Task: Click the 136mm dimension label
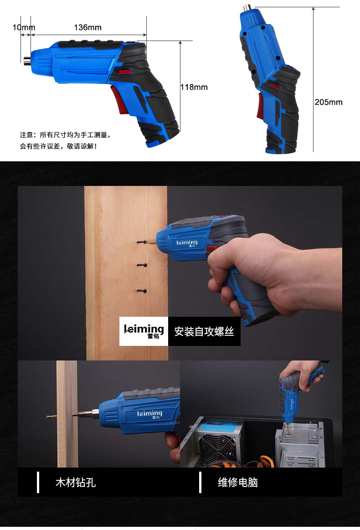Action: [x=87, y=27]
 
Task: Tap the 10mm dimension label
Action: [x=24, y=27]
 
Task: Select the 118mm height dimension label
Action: [x=194, y=87]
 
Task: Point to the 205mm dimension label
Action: [x=329, y=102]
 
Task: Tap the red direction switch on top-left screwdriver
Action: [x=125, y=72]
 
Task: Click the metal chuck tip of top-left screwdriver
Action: [x=27, y=60]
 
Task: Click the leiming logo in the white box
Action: [x=144, y=331]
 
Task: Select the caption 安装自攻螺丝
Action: [x=204, y=331]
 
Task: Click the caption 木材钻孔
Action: [x=76, y=482]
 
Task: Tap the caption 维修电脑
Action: [x=238, y=482]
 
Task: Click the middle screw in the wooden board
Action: [x=142, y=265]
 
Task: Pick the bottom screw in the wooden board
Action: [x=142, y=290]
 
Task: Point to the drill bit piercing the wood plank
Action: [x=63, y=416]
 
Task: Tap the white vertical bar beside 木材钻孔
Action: [x=38, y=482]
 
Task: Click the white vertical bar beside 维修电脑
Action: [x=201, y=482]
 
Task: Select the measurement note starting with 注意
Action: [x=65, y=140]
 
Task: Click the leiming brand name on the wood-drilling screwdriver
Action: [x=150, y=414]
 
